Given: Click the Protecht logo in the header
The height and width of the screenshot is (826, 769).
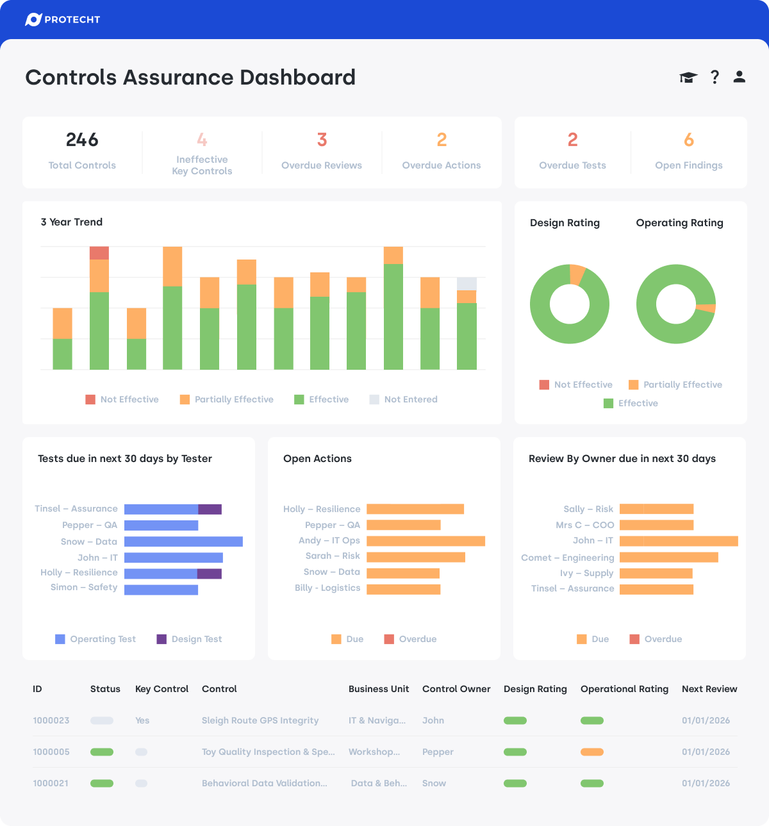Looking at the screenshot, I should tap(62, 20).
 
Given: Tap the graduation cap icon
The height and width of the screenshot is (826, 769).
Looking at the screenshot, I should tap(688, 78).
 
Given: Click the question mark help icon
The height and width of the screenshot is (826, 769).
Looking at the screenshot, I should tap(715, 78).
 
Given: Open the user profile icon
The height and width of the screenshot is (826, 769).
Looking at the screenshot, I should tap(740, 78).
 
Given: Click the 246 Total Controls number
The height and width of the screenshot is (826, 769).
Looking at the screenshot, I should tap(82, 140).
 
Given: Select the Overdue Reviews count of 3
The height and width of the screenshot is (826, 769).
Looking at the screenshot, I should tap(322, 140).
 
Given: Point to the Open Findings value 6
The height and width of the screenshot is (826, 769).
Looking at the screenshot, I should tap(689, 140).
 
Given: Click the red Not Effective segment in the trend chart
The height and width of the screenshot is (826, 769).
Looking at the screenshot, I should tap(99, 253).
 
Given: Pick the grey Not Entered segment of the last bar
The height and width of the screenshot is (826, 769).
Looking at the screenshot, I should tap(467, 284).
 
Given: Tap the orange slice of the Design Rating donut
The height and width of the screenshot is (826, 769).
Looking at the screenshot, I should tap(577, 274).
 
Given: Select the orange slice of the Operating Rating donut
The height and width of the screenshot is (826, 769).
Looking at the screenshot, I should tap(707, 308).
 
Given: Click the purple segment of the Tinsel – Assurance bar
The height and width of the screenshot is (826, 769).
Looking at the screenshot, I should tap(210, 509).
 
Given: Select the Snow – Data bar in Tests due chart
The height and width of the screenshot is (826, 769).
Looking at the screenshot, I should tap(183, 541).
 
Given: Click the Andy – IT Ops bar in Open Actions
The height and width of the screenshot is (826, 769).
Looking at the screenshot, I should tap(426, 541).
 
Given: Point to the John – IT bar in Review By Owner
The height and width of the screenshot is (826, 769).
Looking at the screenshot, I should tap(679, 541).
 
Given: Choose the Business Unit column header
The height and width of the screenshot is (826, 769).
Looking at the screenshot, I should tap(379, 689).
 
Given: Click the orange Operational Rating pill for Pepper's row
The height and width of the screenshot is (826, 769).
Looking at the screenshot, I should tap(592, 752).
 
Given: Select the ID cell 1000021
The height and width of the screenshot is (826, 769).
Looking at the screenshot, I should tap(51, 783).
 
